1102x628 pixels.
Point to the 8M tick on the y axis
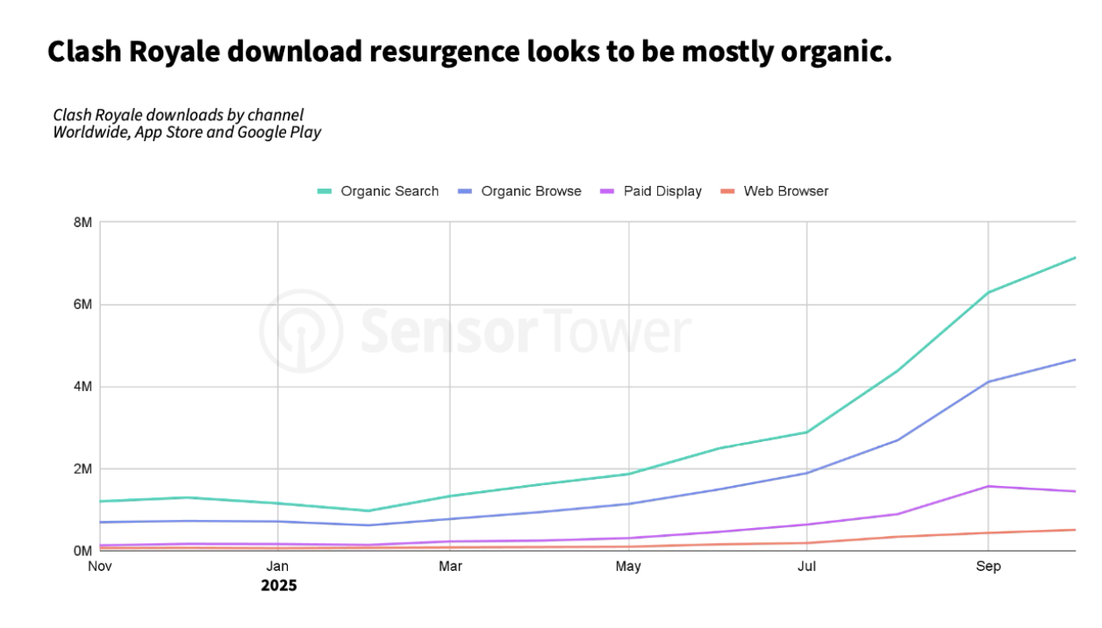pyautogui.click(x=82, y=223)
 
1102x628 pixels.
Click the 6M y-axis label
pyautogui.click(x=82, y=304)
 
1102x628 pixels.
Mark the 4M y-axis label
pyautogui.click(x=82, y=387)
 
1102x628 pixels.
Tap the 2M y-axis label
pyautogui.click(x=82, y=469)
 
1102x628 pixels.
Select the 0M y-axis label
pyautogui.click(x=82, y=551)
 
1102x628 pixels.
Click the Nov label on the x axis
pyautogui.click(x=101, y=567)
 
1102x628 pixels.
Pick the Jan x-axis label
pyautogui.click(x=278, y=567)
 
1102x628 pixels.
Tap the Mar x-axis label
pyautogui.click(x=450, y=567)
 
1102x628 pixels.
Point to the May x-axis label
pyautogui.click(x=628, y=567)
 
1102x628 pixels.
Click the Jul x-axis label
pyautogui.click(x=806, y=567)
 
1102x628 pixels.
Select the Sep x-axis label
pyautogui.click(x=989, y=567)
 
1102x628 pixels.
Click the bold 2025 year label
pyautogui.click(x=278, y=585)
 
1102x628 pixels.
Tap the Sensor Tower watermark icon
pyautogui.click(x=300, y=331)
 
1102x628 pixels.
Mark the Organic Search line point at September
pyautogui.click(x=989, y=292)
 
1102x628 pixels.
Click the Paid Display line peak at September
pyautogui.click(x=989, y=486)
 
